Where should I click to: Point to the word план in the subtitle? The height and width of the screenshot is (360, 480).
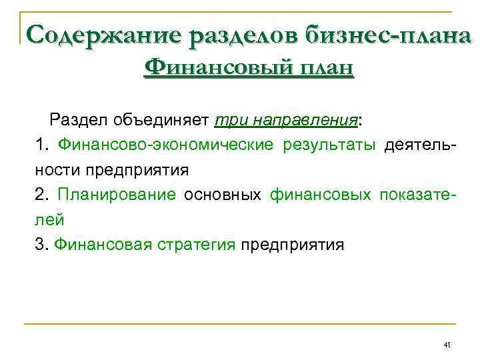tap(320, 68)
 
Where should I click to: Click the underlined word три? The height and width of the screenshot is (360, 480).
tap(228, 121)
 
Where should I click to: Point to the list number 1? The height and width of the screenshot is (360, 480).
tap(41, 145)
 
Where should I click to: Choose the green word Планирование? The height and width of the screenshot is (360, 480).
tap(117, 195)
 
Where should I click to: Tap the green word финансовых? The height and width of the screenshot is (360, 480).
tap(320, 195)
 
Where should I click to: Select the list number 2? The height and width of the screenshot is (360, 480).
tap(41, 195)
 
